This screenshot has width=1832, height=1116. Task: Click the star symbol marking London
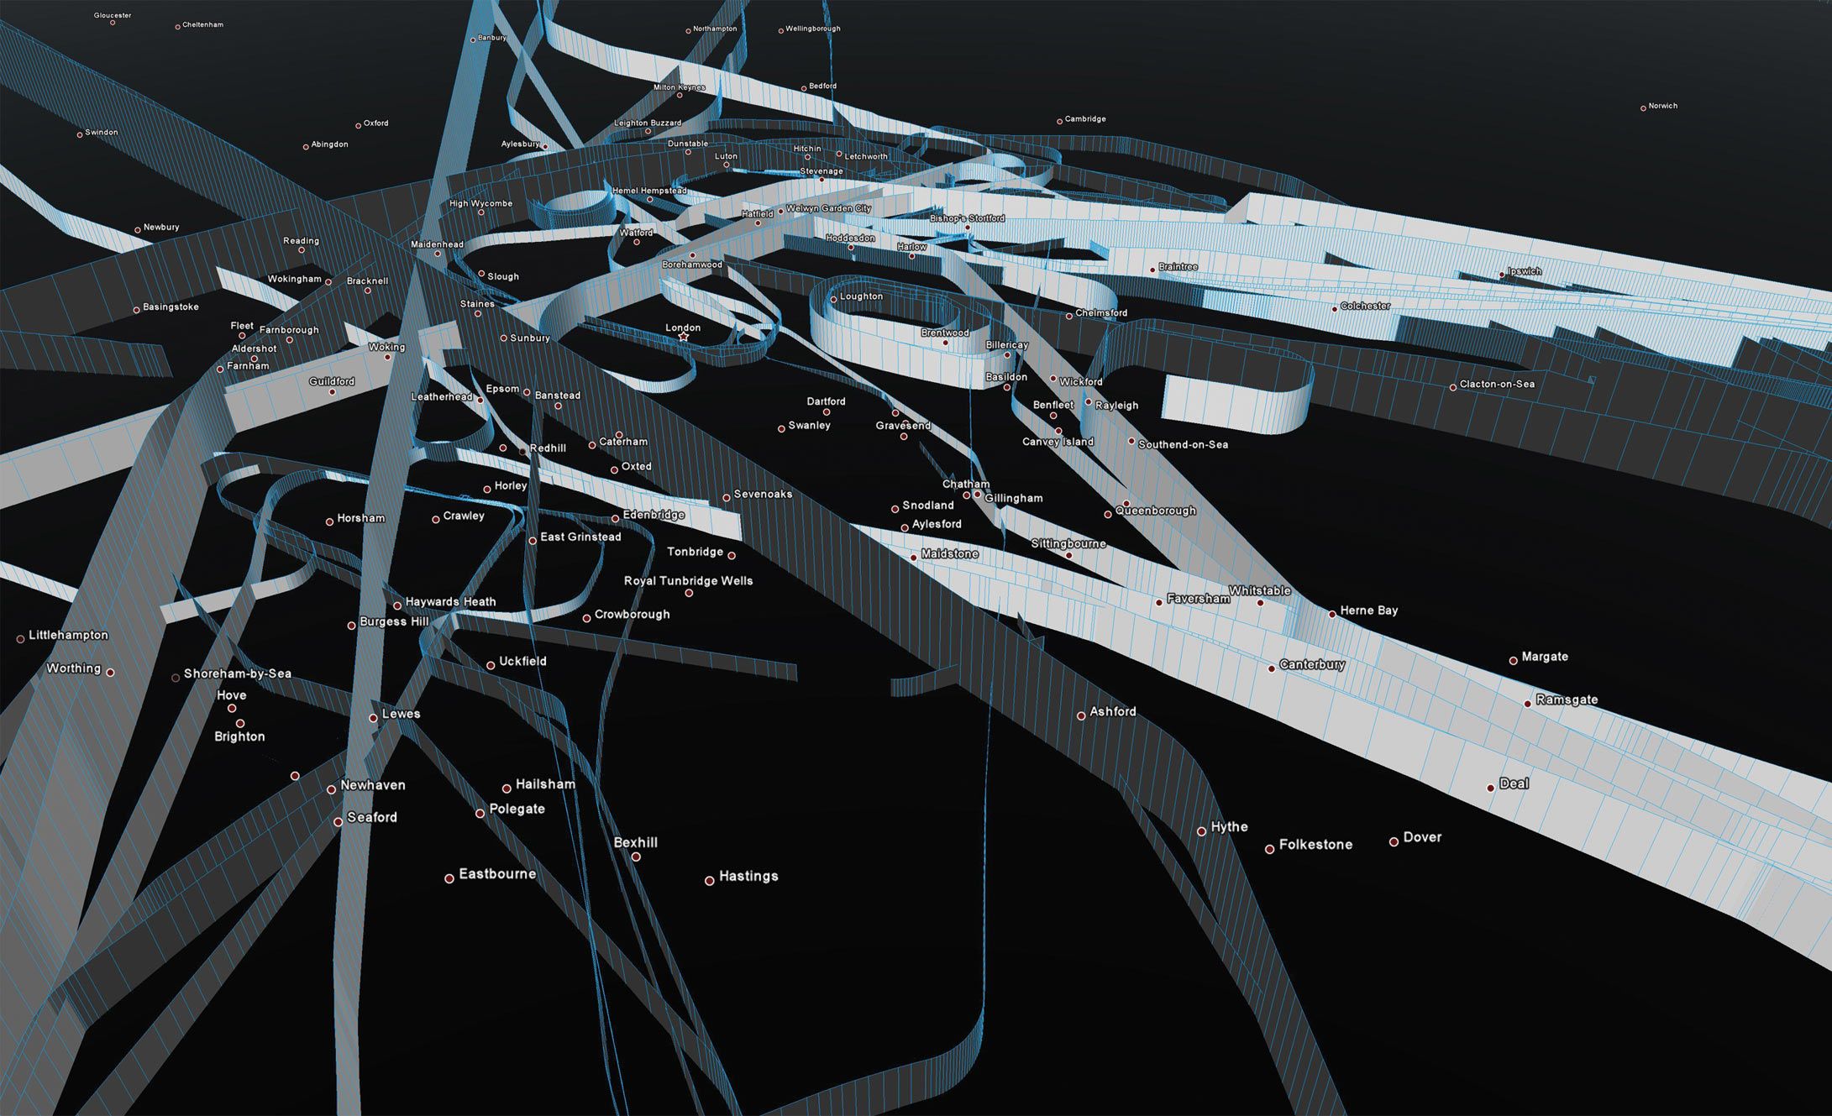[683, 337]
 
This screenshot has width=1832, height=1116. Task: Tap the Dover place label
[1422, 837]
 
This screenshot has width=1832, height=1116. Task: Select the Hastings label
[748, 876]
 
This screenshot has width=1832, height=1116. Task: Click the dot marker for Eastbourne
[449, 878]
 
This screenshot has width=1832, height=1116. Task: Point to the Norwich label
[1662, 106]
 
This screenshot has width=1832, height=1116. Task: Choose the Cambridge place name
[1085, 119]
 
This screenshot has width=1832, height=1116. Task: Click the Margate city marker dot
[1513, 661]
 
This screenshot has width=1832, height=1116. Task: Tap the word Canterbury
[1312, 664]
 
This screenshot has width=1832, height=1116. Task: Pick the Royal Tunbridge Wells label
[688, 581]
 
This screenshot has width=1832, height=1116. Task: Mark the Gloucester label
[113, 15]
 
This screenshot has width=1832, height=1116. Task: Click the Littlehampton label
[68, 635]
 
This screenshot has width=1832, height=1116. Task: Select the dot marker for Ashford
[1081, 716]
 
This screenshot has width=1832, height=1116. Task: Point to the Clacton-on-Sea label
[1497, 385]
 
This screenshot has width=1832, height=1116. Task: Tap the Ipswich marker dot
[1502, 275]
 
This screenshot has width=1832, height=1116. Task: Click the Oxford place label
[375, 123]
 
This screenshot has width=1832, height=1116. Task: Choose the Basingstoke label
[171, 307]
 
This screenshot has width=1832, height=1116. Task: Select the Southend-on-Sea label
[1183, 444]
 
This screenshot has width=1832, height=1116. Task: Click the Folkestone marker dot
[1269, 850]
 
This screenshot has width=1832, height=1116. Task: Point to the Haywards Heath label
[450, 602]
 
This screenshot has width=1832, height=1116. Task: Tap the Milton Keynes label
[680, 87]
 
